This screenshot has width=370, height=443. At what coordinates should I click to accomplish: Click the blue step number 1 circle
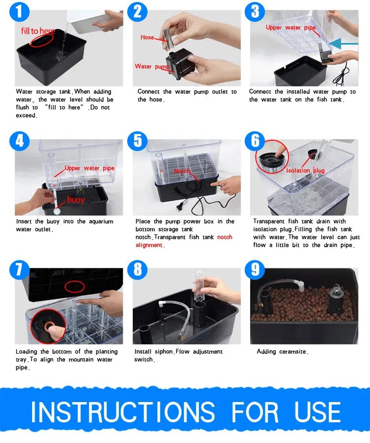[19, 11]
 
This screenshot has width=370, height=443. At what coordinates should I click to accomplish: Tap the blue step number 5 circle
[137, 141]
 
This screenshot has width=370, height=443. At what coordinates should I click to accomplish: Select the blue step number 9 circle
[255, 270]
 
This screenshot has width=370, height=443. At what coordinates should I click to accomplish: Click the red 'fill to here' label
[38, 31]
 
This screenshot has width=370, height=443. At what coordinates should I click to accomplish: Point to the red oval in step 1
[41, 40]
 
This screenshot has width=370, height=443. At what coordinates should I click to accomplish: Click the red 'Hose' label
[147, 37]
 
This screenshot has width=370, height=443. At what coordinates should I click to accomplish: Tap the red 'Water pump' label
[152, 67]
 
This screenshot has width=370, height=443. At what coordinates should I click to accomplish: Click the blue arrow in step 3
[343, 44]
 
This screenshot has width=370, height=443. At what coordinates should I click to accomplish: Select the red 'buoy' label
[75, 200]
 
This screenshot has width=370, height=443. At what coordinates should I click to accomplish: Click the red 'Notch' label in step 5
[182, 171]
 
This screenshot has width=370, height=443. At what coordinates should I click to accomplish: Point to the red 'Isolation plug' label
[305, 170]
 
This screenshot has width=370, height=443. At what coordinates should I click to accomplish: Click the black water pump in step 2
[180, 64]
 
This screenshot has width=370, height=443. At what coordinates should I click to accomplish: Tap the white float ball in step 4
[57, 211]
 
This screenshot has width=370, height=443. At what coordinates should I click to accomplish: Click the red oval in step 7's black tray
[74, 287]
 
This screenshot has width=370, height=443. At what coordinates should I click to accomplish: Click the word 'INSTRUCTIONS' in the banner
[123, 412]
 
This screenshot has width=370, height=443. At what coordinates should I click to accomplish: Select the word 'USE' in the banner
[318, 412]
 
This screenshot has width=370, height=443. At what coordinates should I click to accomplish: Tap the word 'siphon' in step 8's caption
[163, 352]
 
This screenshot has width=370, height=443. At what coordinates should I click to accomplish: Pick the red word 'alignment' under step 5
[149, 245]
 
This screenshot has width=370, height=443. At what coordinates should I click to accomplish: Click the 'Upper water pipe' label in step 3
[291, 28]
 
